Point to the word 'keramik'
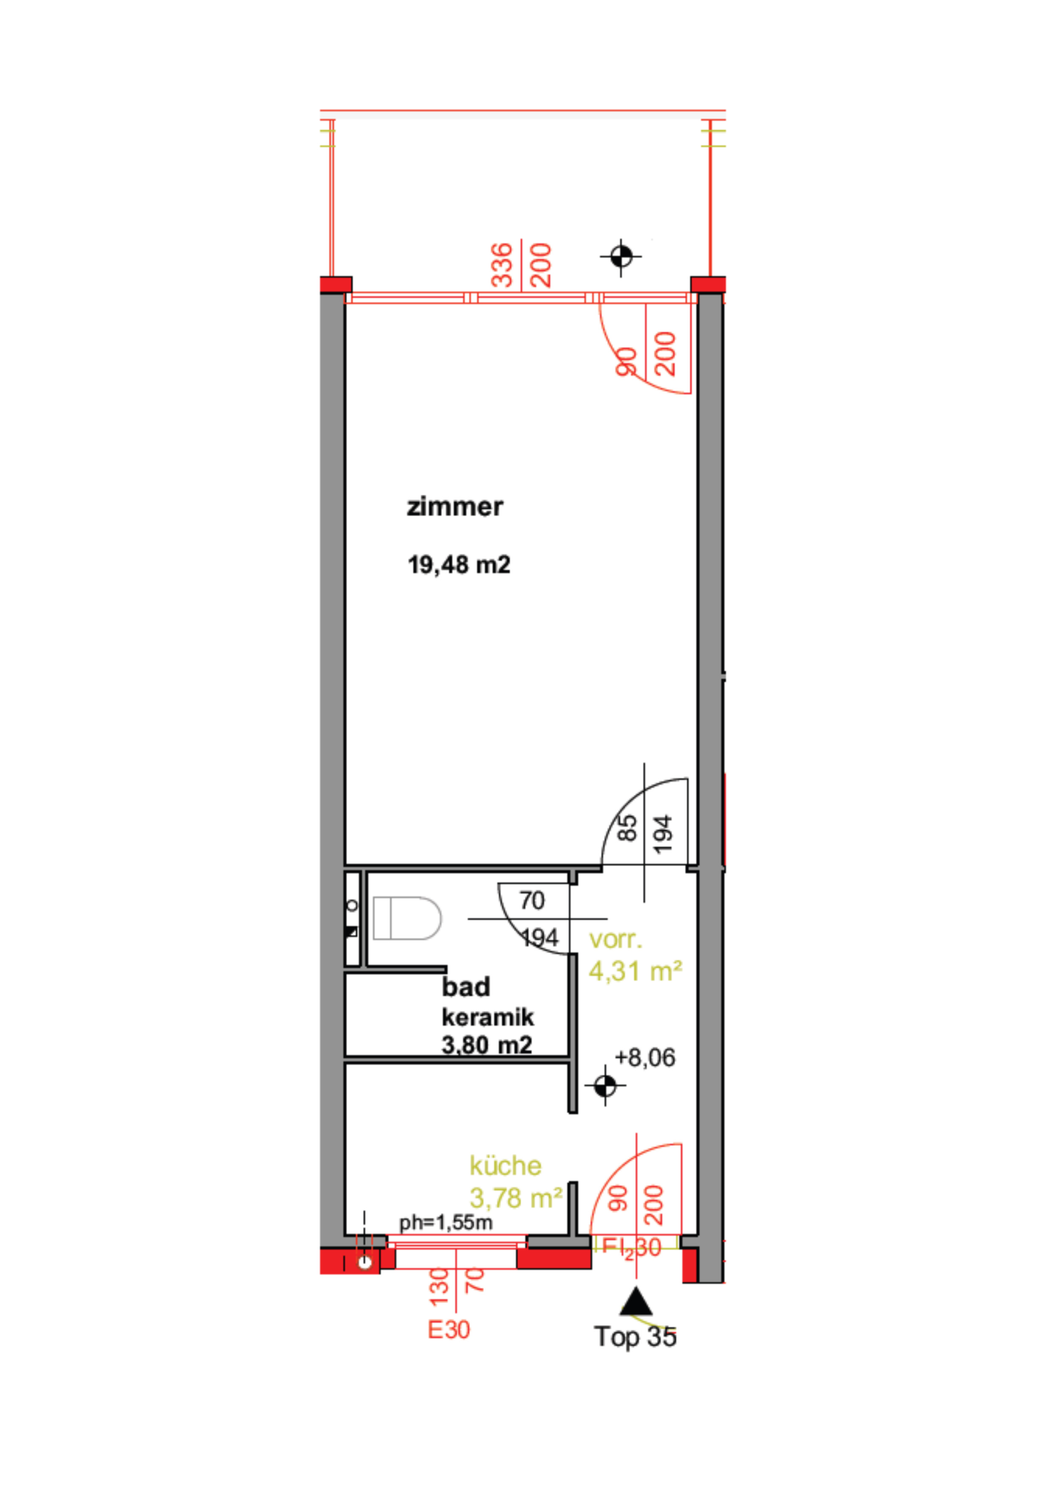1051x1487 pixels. click(x=488, y=1018)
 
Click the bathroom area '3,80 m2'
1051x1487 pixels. click(x=487, y=1045)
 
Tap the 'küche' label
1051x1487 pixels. click(x=505, y=1166)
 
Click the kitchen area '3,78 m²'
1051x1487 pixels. click(x=515, y=1198)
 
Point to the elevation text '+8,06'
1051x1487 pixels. click(x=644, y=1057)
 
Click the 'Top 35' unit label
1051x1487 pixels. click(x=635, y=1336)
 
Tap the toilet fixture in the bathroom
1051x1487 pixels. click(x=407, y=919)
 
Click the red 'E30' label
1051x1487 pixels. click(x=448, y=1330)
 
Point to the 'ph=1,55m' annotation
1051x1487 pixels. click(x=446, y=1223)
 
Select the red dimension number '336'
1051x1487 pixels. click(x=502, y=265)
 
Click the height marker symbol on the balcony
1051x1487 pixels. click(x=621, y=257)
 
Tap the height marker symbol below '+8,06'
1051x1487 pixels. click(x=605, y=1086)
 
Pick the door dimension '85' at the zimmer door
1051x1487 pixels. click(x=627, y=828)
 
